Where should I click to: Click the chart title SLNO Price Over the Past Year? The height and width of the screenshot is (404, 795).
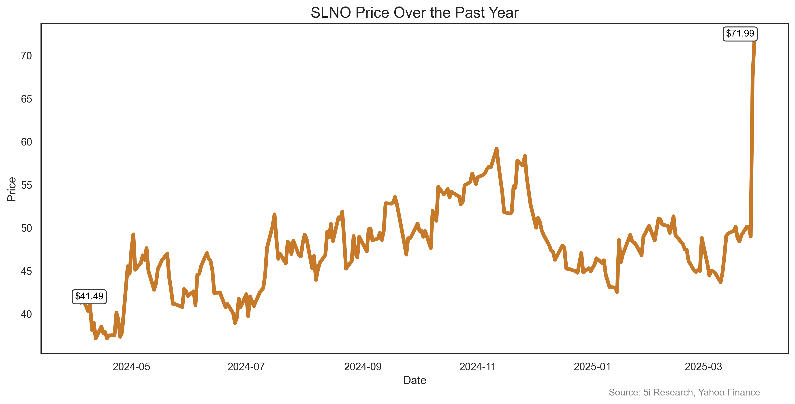click(x=415, y=13)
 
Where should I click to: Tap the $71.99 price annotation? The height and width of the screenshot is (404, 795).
click(x=740, y=34)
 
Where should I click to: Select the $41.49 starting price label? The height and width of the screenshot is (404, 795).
click(x=89, y=296)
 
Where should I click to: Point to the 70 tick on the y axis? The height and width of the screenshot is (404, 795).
click(x=27, y=56)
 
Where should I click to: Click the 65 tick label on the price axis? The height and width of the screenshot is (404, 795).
click(x=27, y=99)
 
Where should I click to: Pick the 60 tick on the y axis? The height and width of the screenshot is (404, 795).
click(x=27, y=142)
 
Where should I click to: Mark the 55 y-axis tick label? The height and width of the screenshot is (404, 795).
click(x=27, y=185)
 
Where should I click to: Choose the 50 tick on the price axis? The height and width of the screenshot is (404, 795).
click(x=27, y=228)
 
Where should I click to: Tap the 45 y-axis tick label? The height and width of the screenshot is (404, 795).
click(x=27, y=271)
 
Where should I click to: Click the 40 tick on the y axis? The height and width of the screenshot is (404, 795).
click(x=27, y=314)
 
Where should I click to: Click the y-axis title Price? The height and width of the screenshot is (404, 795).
click(x=12, y=189)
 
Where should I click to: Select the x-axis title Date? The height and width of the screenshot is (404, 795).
click(x=415, y=380)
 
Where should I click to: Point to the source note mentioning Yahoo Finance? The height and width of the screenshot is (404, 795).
click(x=684, y=392)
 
